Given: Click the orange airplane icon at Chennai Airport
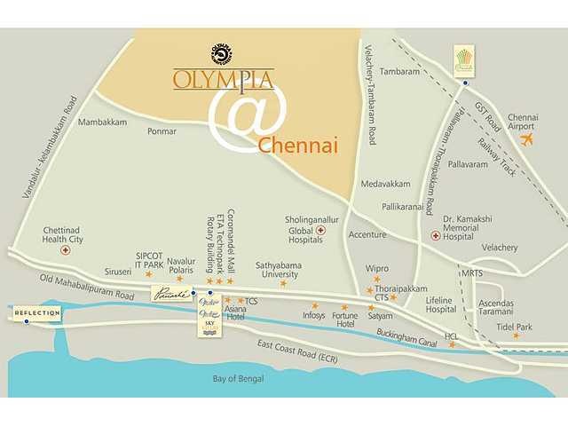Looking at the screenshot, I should click(528, 140).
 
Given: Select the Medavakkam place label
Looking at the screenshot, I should click(385, 185).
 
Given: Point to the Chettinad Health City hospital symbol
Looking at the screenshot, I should click(64, 251).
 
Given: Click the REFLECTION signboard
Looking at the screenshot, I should click(37, 313).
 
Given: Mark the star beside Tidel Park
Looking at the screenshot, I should click(516, 335).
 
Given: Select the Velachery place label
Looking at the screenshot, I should click(500, 248).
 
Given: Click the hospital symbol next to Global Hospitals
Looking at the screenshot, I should click(320, 230).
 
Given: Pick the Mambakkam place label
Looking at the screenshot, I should click(103, 122).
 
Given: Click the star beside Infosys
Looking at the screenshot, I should click(314, 306).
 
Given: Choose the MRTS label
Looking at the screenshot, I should click(472, 273).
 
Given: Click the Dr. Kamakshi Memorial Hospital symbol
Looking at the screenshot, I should click(435, 236).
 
